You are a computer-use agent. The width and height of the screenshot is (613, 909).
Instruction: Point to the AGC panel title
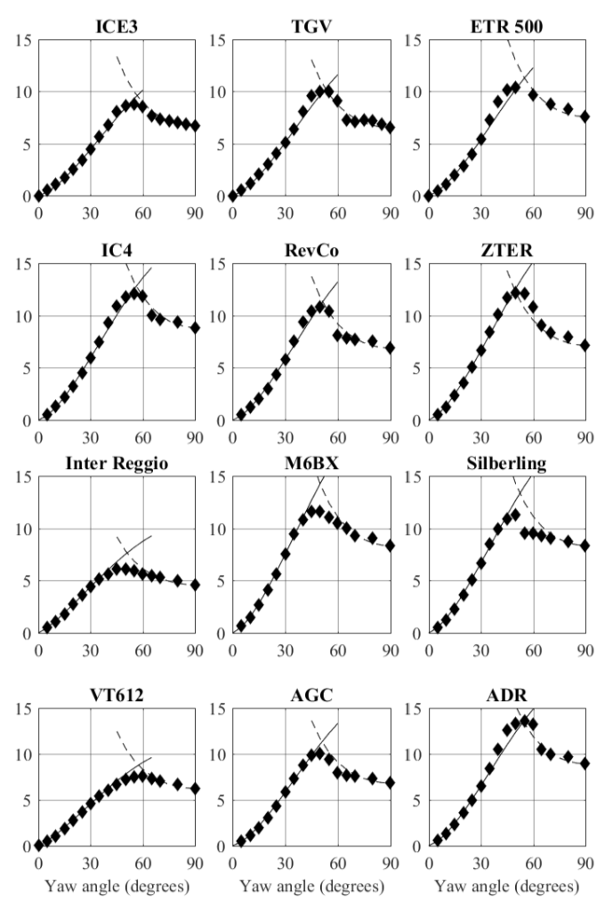coord(311,690)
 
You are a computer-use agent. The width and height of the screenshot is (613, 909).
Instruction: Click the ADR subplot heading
coord(505,690)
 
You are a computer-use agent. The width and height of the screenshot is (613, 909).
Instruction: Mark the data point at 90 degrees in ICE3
coord(196,126)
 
